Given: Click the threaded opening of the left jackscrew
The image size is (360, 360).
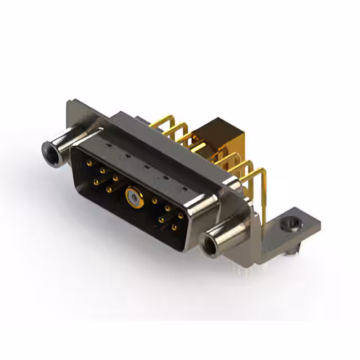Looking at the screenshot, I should point(49,149).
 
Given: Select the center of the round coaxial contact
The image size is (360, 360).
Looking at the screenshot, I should point(131,196).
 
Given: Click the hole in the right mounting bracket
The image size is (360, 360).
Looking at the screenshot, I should point(292,225).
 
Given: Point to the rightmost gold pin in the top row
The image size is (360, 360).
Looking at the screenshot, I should point(181,215).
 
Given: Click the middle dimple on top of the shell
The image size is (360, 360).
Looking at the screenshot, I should point(146,167).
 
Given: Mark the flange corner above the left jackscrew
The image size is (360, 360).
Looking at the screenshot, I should point(70,107).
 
